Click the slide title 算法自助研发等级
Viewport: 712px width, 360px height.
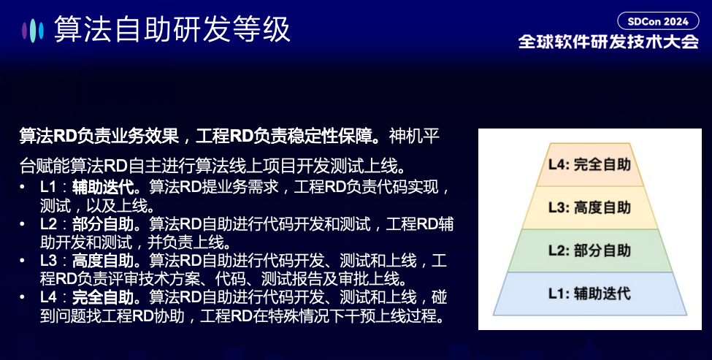(172, 30)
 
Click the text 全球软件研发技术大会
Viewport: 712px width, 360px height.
(608, 42)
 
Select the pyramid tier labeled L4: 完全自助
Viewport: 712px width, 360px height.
(589, 164)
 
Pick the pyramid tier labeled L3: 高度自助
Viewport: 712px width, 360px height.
(589, 207)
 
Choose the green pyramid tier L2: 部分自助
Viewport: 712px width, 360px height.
(589, 250)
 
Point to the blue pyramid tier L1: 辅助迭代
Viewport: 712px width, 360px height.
(589, 294)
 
